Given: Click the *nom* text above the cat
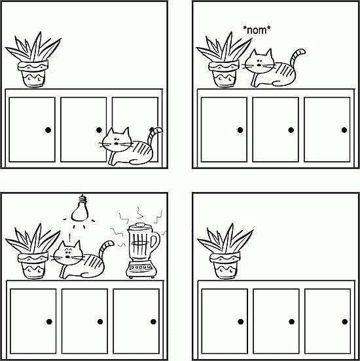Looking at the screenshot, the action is [x=257, y=30].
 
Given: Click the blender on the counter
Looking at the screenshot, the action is [x=143, y=250].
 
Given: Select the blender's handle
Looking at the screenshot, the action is [x=156, y=242].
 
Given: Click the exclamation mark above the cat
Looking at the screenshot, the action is [x=69, y=237].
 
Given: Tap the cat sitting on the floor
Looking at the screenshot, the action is [x=131, y=146].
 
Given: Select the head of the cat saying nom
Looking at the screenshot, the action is [x=259, y=61].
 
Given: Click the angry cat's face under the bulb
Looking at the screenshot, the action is [x=67, y=254].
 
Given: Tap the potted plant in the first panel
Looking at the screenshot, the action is [x=33, y=60].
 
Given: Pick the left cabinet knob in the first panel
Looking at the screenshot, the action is [x=48, y=130].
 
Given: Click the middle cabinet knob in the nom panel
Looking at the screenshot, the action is [x=291, y=130].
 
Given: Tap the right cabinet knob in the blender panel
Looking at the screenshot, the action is [x=153, y=322].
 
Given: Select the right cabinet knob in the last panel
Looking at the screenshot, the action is [x=344, y=322].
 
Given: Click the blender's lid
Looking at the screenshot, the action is [x=140, y=225].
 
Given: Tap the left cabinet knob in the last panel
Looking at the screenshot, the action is [x=241, y=322].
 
